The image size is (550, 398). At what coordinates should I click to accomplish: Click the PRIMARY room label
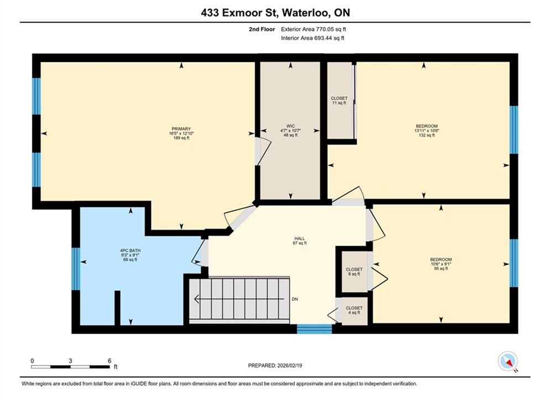(x=181, y=129)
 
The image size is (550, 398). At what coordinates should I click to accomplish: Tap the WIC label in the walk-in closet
(x=290, y=126)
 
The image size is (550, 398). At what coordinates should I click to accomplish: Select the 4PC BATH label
(x=130, y=250)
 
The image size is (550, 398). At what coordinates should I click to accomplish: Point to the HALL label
(x=300, y=238)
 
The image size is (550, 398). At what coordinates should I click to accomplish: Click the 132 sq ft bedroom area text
(x=427, y=135)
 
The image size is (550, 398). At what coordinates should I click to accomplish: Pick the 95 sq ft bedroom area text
(x=441, y=269)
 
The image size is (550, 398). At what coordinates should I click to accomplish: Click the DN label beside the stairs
(x=295, y=299)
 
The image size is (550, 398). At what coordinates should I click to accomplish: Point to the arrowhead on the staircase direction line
(x=197, y=299)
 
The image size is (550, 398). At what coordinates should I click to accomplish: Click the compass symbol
(x=507, y=361)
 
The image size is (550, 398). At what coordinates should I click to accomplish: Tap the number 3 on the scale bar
(x=71, y=360)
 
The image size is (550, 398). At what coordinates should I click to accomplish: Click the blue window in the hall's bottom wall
(x=315, y=329)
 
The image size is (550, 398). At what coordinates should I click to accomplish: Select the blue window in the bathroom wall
(x=76, y=269)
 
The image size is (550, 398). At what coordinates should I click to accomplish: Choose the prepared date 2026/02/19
(x=290, y=365)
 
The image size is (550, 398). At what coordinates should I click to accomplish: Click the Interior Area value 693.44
(x=323, y=38)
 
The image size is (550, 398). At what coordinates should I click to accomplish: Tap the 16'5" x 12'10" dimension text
(x=181, y=133)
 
